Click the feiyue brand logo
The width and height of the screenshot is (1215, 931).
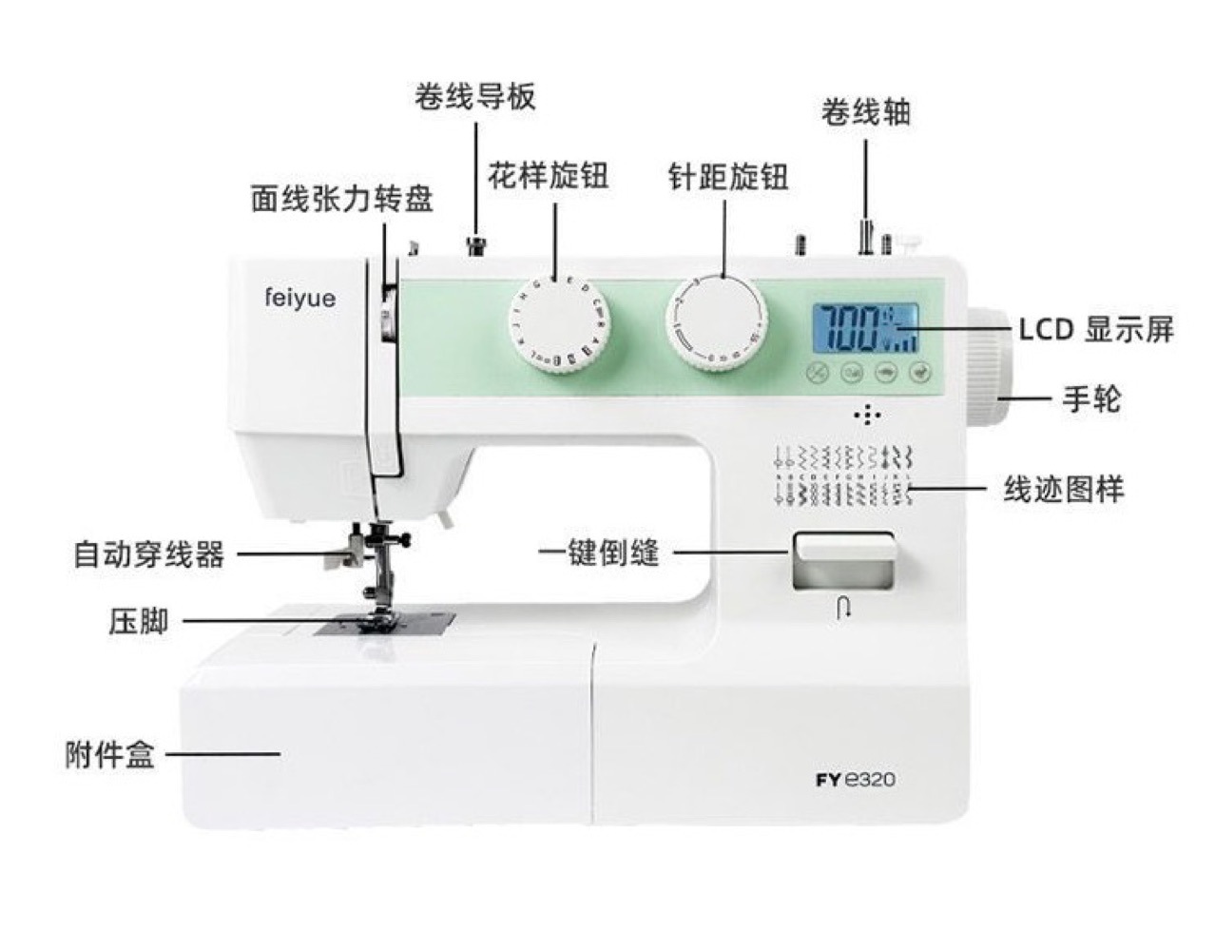click(299, 299)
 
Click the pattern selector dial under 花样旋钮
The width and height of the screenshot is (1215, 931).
click(559, 322)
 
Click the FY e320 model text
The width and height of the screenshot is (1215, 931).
click(855, 781)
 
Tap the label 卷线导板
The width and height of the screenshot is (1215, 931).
click(474, 96)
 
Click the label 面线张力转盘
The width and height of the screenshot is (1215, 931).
click(342, 199)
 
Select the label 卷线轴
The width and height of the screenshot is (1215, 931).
click(865, 112)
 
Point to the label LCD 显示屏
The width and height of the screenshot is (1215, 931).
click(1096, 330)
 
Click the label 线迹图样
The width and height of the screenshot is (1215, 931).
click(1064, 490)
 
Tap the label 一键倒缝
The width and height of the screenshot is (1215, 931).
click(599, 553)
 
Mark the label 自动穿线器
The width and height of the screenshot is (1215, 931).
click(149, 553)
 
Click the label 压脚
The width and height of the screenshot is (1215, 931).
click(139, 622)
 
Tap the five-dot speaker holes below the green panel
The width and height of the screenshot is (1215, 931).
click(866, 416)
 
